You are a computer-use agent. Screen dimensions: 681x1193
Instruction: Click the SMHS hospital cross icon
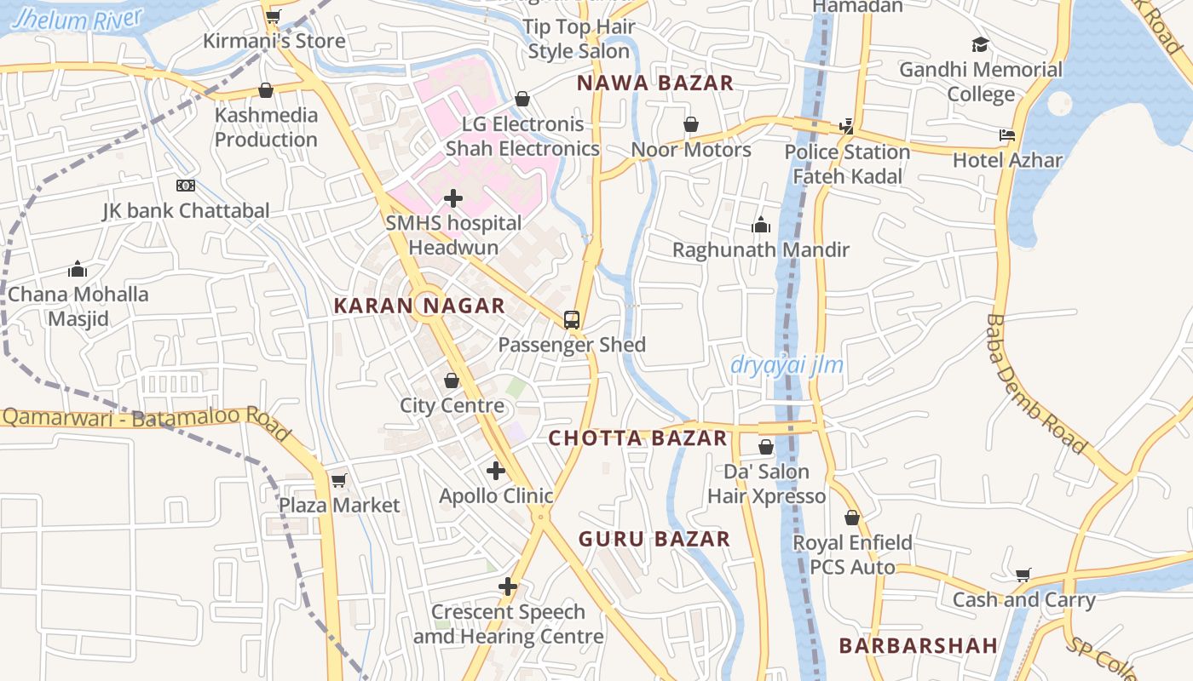[453, 198]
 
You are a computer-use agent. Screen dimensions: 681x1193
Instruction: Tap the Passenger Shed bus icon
[572, 320]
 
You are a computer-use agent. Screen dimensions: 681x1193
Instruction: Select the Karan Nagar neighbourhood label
[419, 306]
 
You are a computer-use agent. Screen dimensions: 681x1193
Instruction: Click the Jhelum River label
[78, 20]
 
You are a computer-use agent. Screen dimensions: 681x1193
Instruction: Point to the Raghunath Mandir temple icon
[761, 225]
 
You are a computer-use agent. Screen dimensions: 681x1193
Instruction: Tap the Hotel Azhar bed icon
[1007, 135]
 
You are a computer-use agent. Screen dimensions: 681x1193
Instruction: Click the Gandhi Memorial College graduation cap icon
[981, 44]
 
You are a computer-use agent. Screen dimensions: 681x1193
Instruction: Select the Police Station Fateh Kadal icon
[846, 126]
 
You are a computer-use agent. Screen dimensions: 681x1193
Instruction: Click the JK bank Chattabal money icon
[186, 186]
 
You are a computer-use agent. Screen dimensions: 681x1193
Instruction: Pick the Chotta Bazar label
[638, 438]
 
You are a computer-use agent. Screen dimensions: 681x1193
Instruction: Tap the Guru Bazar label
[654, 539]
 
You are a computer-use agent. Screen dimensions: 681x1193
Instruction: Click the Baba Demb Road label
[1035, 384]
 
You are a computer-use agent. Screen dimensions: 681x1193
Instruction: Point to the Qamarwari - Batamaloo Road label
[145, 419]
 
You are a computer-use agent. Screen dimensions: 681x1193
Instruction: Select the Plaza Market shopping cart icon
[339, 480]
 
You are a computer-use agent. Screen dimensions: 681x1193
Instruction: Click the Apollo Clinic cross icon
[496, 470]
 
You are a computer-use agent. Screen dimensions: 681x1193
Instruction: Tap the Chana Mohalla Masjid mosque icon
[78, 270]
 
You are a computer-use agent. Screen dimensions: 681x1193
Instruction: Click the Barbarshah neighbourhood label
[919, 645]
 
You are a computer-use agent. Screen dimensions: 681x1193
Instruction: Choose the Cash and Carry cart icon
[1023, 575]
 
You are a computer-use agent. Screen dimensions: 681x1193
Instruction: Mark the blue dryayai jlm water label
[787, 365]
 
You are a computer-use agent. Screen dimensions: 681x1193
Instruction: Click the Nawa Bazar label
[655, 83]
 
